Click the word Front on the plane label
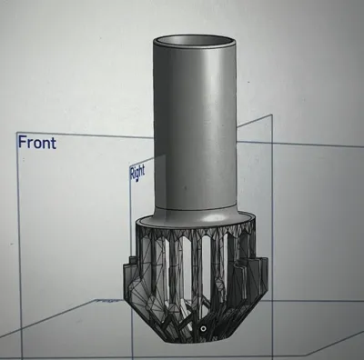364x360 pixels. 37,143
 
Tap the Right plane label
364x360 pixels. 137,173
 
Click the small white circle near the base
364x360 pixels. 203,328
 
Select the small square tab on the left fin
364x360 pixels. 132,260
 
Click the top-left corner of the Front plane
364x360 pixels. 16,133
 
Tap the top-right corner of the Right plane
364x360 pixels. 271,115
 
